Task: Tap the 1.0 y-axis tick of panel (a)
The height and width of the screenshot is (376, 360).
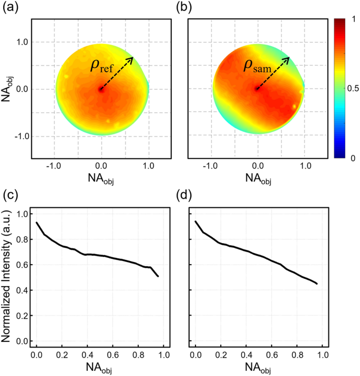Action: (20, 42)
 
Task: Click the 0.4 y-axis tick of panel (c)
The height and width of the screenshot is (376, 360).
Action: (22, 290)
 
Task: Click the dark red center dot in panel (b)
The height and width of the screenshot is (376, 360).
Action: (257, 89)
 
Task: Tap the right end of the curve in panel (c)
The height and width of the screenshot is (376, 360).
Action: (158, 276)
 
